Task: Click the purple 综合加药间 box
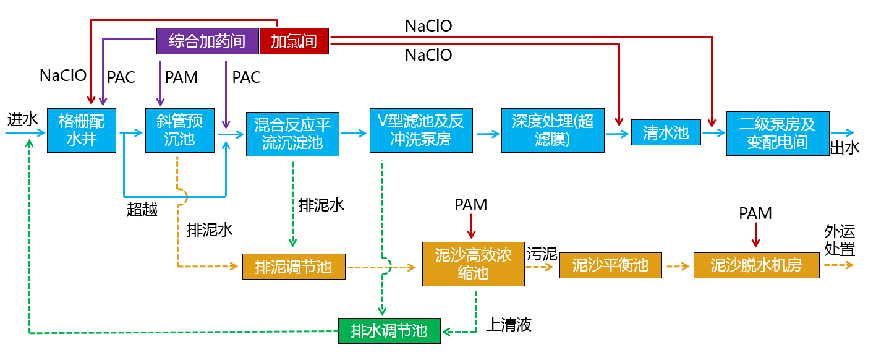[207, 41]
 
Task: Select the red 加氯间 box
[294, 41]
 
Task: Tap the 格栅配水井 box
[82, 130]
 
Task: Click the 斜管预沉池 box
[180, 130]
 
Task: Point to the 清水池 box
[666, 132]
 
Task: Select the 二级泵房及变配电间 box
[777, 134]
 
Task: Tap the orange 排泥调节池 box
[294, 267]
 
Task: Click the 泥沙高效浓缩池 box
[473, 264]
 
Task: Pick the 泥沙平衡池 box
[610, 265]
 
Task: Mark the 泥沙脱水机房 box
[756, 265]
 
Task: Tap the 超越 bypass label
[142, 210]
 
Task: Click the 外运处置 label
[840, 241]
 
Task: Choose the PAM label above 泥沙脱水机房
[755, 213]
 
